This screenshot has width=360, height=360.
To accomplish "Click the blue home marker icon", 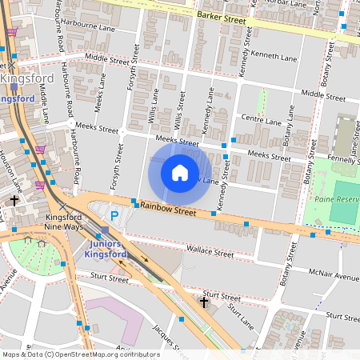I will point(180,173).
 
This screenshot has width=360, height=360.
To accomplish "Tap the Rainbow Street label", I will point(168,209).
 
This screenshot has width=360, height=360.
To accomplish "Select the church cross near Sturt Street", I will point(204,302).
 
